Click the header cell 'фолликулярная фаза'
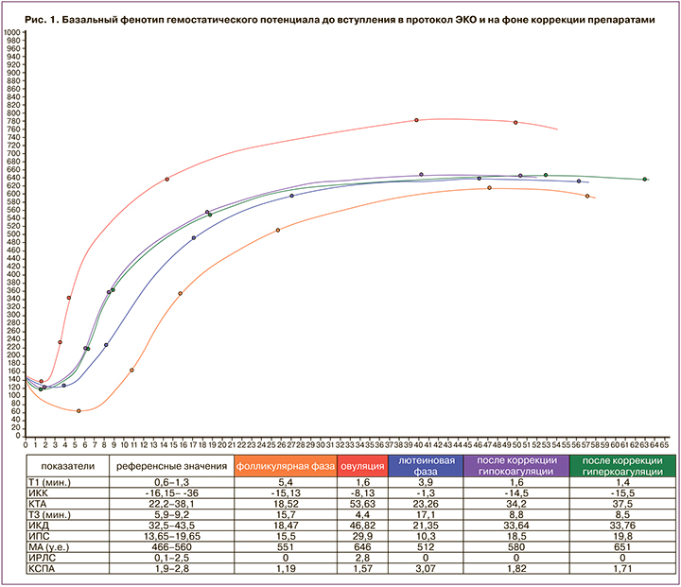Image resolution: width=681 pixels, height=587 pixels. tap(283, 465)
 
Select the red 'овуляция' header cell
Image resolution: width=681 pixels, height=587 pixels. tap(359, 465)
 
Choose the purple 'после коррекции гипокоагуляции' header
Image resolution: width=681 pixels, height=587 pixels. tap(515, 465)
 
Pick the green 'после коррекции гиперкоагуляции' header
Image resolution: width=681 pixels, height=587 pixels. tap(621, 465)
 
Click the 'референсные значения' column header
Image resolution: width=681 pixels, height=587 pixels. tap(170, 465)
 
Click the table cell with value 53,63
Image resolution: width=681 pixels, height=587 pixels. tap(359, 506)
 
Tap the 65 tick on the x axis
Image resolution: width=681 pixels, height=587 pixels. tap(664, 441)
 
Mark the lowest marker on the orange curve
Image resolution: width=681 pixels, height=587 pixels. tap(79, 411)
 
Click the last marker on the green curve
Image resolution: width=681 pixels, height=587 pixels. tap(645, 179)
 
